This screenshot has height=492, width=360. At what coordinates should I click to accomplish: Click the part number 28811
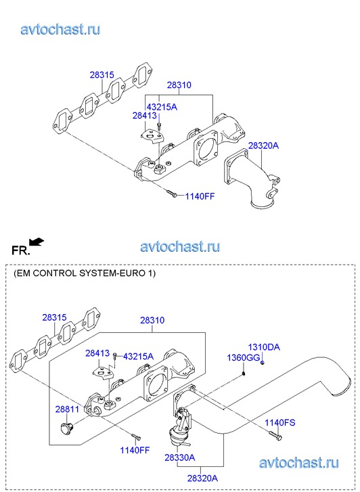click(67, 409)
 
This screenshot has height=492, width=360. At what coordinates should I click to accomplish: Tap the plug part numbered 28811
click(66, 428)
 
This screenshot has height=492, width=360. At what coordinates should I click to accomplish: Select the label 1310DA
click(264, 347)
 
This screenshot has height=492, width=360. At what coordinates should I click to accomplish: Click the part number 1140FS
click(280, 422)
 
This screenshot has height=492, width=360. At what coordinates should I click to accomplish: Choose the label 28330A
click(180, 457)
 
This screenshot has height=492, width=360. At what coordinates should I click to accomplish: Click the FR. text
click(21, 250)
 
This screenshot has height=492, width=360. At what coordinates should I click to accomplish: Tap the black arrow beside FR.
click(37, 242)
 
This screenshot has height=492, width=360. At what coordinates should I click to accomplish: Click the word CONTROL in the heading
click(55, 273)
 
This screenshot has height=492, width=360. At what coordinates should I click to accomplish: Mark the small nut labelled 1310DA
click(263, 363)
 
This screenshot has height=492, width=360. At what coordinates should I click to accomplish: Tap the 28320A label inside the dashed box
click(202, 478)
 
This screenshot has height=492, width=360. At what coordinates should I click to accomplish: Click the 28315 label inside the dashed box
click(54, 317)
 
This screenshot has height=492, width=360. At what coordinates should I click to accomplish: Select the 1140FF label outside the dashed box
click(200, 196)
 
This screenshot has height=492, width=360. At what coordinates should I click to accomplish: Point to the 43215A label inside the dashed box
click(139, 357)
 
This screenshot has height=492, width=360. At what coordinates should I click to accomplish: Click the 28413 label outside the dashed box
click(144, 116)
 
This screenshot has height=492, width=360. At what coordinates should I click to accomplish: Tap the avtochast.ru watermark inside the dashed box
click(299, 462)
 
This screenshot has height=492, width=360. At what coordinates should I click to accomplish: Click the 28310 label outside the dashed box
click(179, 85)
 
